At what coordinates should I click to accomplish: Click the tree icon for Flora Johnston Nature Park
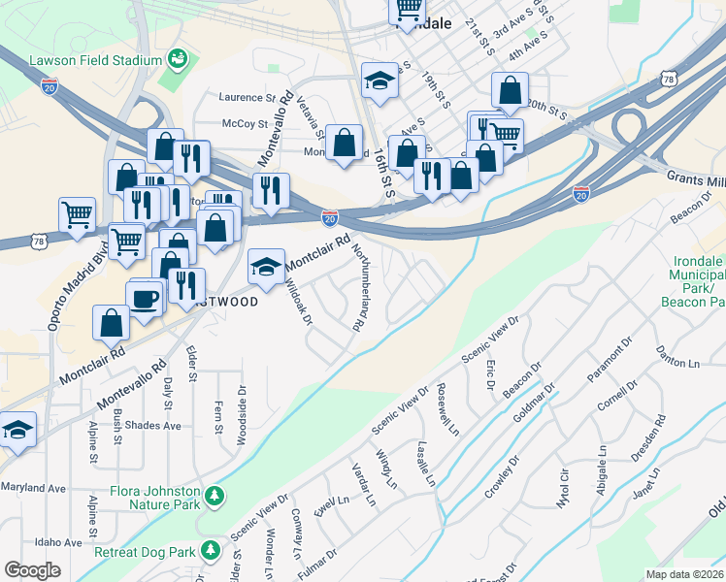(x=215, y=499)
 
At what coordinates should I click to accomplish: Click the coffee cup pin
(x=146, y=300)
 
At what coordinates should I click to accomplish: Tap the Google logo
(x=32, y=570)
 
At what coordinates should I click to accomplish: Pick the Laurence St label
(x=248, y=98)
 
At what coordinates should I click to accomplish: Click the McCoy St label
(x=245, y=124)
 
